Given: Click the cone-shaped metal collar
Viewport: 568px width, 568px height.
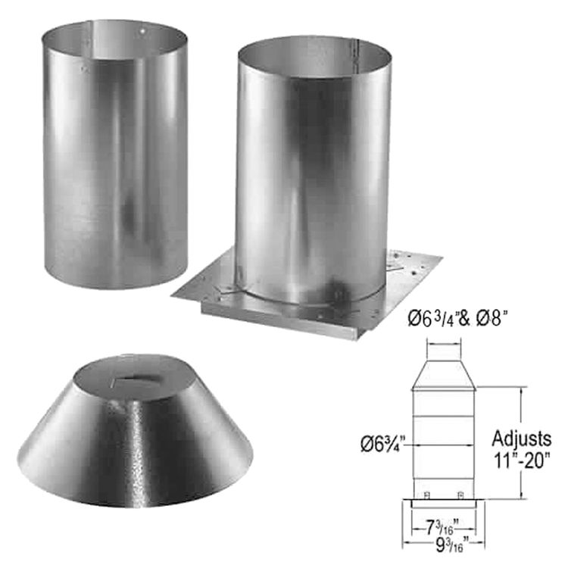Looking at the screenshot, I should (136, 439).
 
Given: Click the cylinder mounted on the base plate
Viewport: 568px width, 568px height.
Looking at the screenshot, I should (311, 174).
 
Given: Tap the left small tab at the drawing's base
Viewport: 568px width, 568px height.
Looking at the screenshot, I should (426, 494).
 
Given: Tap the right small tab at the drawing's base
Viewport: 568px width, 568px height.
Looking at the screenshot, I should (460, 494).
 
